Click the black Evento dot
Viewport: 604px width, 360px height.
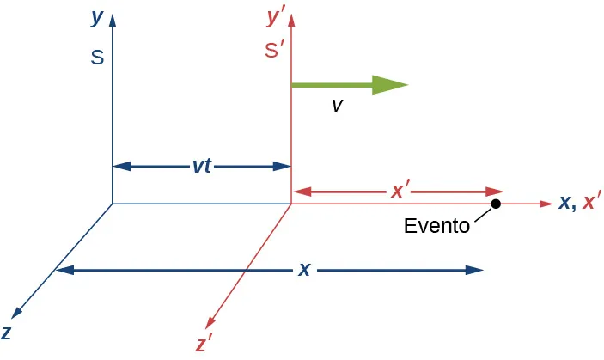[x=496, y=204]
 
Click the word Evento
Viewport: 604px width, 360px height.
[x=436, y=226]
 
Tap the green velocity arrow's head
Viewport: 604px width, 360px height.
[x=390, y=84]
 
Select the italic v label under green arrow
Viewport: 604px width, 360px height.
[x=337, y=105]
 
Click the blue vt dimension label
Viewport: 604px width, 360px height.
[x=202, y=166]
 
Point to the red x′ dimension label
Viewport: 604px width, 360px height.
[x=399, y=191]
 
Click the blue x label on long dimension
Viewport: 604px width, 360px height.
[x=303, y=269]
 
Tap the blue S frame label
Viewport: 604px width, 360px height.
[x=97, y=58]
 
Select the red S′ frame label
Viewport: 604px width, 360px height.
[x=275, y=51]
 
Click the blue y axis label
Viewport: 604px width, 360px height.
[x=97, y=17]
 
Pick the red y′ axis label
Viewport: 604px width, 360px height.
[x=276, y=16]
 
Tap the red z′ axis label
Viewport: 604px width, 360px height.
[x=204, y=345]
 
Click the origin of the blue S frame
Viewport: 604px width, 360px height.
[x=113, y=204]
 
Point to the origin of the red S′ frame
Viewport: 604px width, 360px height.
[x=291, y=204]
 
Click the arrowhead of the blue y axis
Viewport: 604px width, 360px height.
[x=113, y=15]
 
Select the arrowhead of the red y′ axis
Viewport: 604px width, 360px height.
[x=291, y=15]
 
